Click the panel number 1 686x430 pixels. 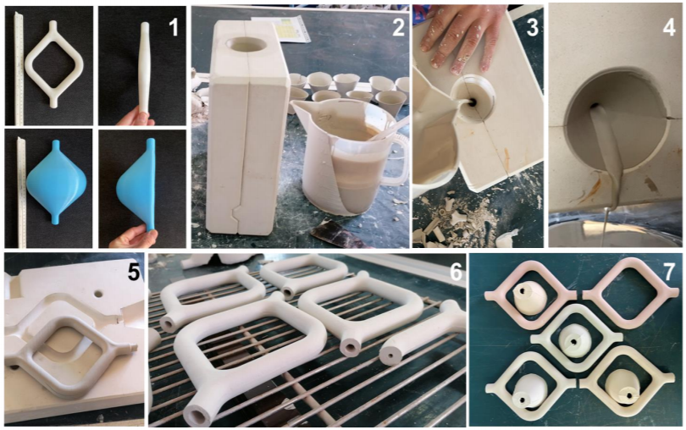(x=174, y=27)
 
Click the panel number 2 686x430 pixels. (x=398, y=27)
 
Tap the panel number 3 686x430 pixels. (x=532, y=27)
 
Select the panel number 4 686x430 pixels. (x=669, y=27)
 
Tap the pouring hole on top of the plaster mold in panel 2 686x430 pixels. (x=246, y=46)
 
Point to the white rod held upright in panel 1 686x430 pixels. (x=144, y=70)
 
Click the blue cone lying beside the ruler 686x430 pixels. (x=56, y=182)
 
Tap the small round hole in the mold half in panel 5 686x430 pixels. (x=98, y=294)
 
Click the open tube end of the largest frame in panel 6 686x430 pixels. (x=196, y=413)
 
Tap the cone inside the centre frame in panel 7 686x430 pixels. (x=576, y=340)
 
